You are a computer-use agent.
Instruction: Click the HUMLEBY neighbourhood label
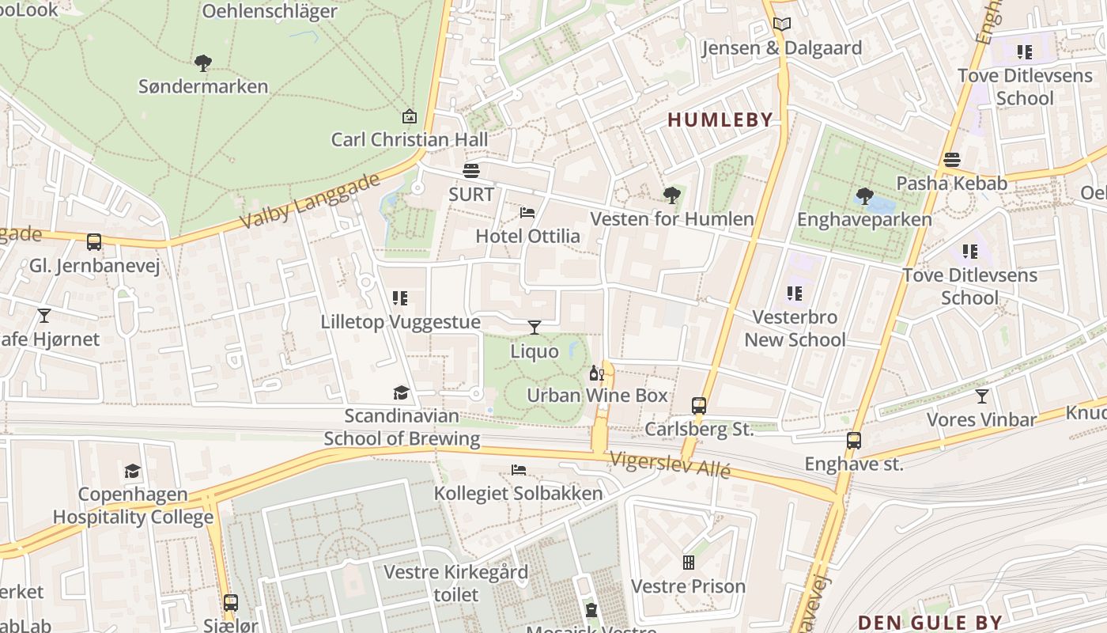[x=720, y=120]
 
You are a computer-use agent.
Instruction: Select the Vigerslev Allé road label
[x=671, y=464]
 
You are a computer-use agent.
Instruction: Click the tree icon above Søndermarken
[x=203, y=63]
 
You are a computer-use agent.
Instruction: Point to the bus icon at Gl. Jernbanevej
[x=94, y=242]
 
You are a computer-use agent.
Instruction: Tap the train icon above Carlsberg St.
[x=699, y=406]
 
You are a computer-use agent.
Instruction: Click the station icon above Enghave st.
[x=854, y=441]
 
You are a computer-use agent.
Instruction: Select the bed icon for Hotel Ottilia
[x=527, y=212]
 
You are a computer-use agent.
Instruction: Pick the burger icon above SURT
[x=471, y=170]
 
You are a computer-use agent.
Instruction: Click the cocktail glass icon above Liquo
[x=535, y=327]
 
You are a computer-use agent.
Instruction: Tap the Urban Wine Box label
[x=597, y=395]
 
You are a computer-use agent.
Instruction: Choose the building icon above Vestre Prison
[x=689, y=562]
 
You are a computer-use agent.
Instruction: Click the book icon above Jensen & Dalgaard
[x=781, y=25]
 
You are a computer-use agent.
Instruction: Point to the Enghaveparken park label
[x=864, y=219]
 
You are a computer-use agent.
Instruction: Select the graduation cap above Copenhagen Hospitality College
[x=133, y=472]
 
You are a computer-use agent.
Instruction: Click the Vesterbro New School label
[x=795, y=328]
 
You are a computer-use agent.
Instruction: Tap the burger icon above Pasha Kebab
[x=951, y=159]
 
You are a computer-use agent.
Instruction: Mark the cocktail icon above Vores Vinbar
[x=981, y=396]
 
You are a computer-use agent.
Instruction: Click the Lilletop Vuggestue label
[x=400, y=322]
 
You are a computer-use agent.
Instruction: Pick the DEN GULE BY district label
[x=930, y=622]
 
